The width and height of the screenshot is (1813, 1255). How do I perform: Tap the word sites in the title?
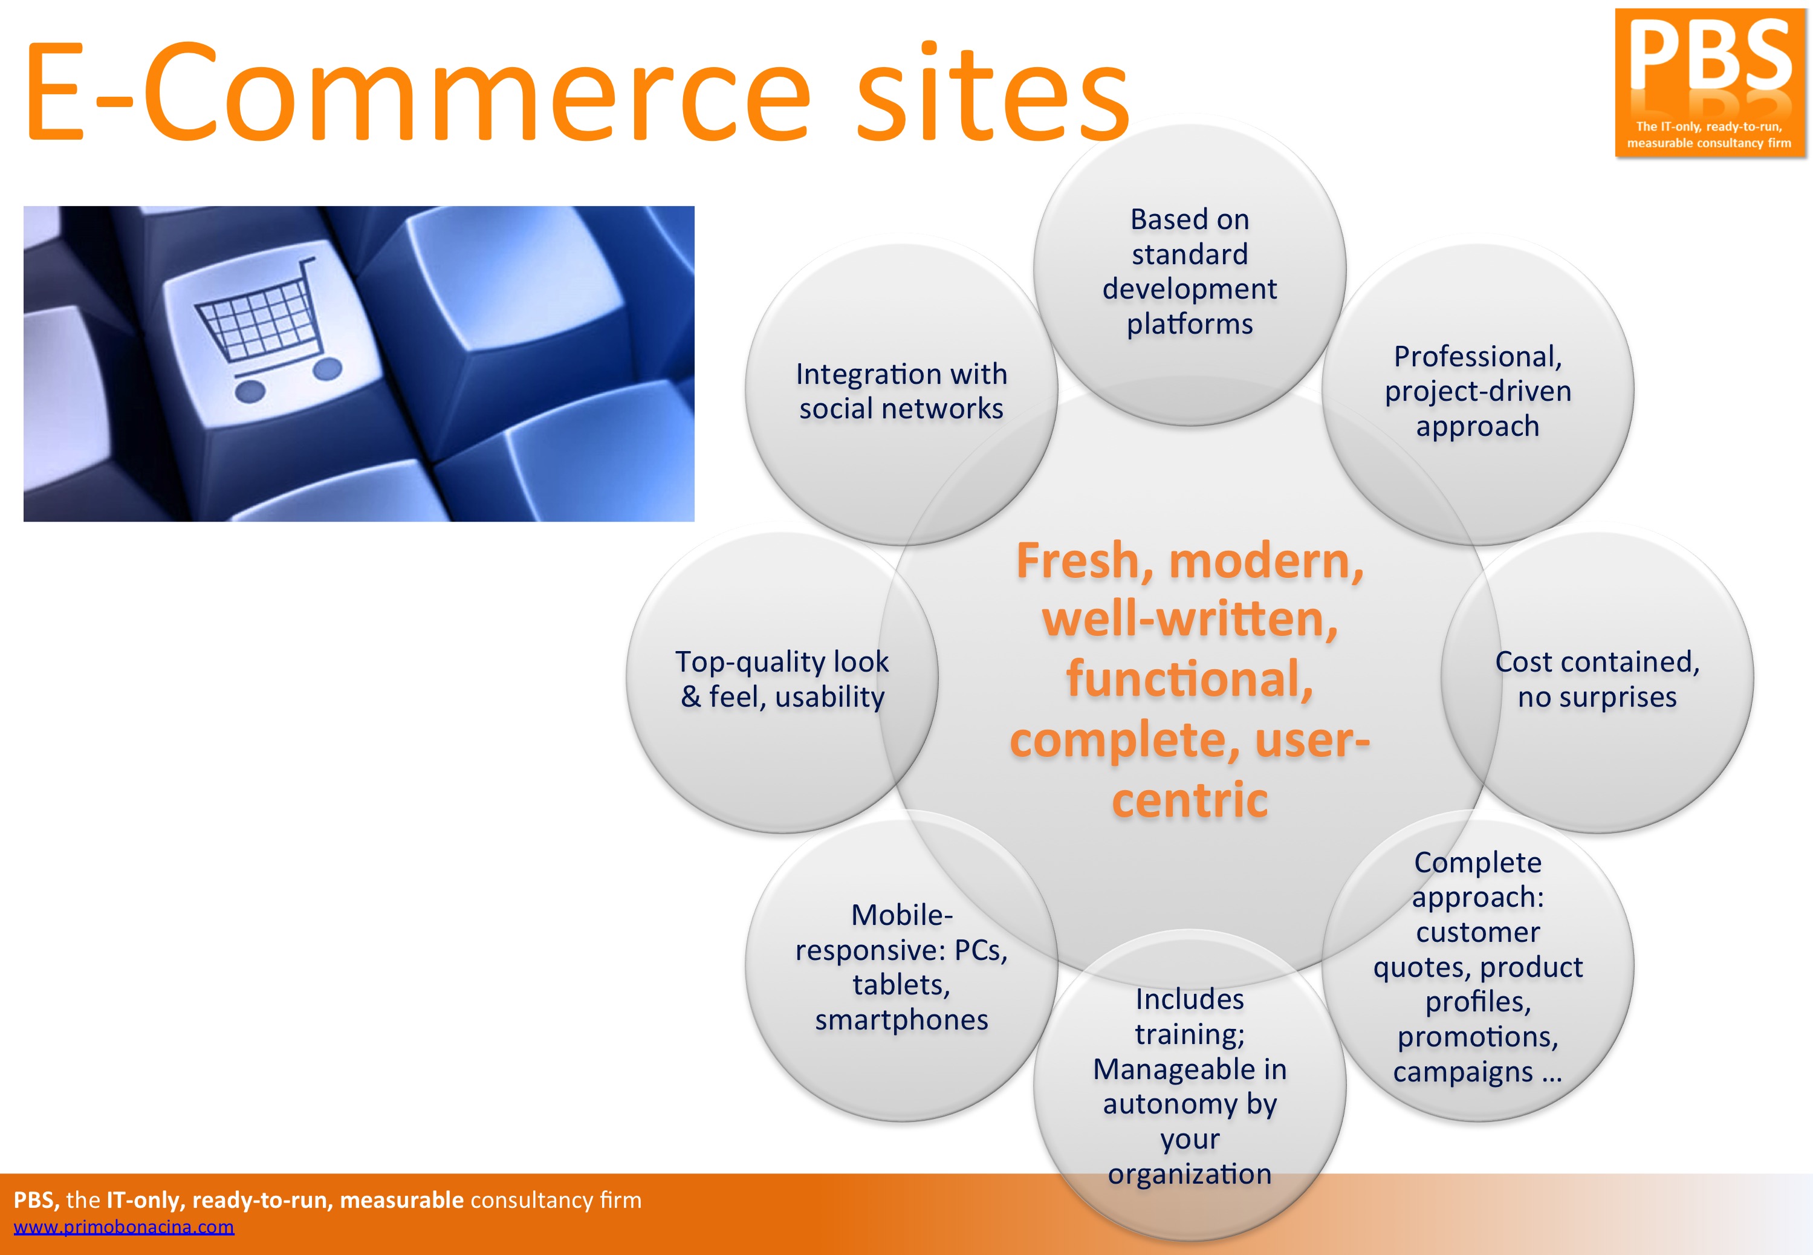pyautogui.click(x=991, y=92)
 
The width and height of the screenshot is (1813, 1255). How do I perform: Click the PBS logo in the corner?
pyautogui.click(x=1710, y=83)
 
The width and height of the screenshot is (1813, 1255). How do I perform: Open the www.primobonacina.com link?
pyautogui.click(x=123, y=1227)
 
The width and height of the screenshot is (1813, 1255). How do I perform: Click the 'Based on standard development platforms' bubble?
pyautogui.click(x=1190, y=271)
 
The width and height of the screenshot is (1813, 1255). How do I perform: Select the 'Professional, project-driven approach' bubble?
pyautogui.click(x=1477, y=391)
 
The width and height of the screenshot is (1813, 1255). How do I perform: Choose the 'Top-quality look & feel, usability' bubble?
pyautogui.click(x=782, y=679)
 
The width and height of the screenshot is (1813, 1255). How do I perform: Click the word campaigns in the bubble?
pyautogui.click(x=1462, y=1072)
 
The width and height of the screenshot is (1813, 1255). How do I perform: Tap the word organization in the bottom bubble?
pyautogui.click(x=1190, y=1175)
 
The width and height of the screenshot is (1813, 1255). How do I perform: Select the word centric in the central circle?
pyautogui.click(x=1190, y=800)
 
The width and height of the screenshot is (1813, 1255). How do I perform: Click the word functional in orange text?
pyautogui.click(x=1190, y=679)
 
